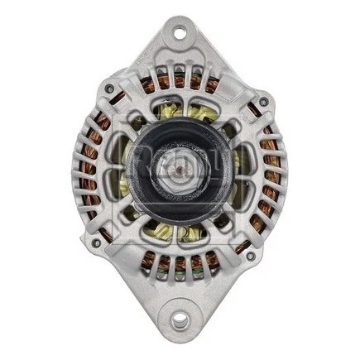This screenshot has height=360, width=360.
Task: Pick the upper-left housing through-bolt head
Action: pyautogui.click(x=109, y=89)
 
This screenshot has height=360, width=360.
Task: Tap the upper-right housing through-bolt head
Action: pyautogui.click(x=263, y=103)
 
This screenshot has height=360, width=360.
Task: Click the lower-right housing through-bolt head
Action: pyautogui.click(x=251, y=257)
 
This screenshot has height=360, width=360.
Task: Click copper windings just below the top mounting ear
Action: pyautogui.click(x=178, y=81)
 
